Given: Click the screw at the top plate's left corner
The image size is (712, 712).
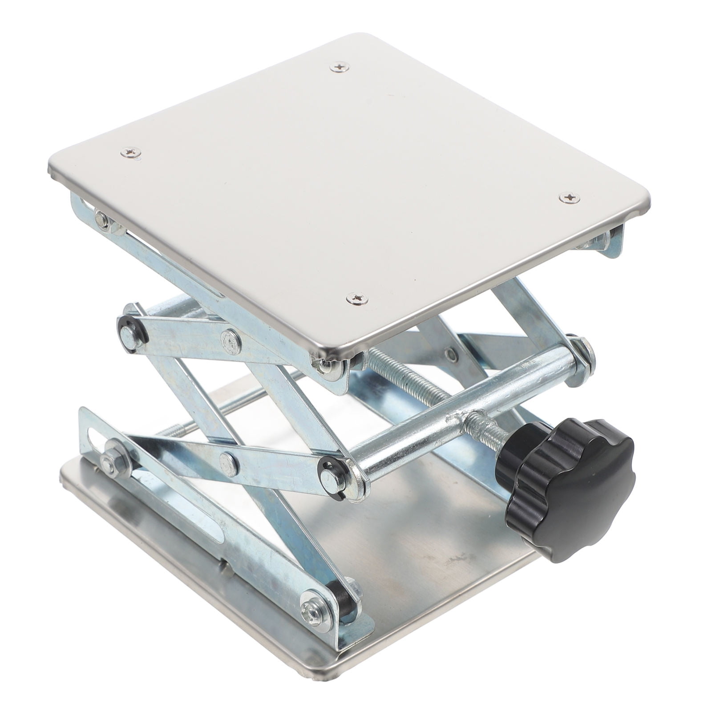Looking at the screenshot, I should tap(130, 153).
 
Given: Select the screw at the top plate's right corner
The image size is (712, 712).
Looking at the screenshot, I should tap(569, 197).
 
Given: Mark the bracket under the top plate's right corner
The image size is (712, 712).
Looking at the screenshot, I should tap(612, 243).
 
